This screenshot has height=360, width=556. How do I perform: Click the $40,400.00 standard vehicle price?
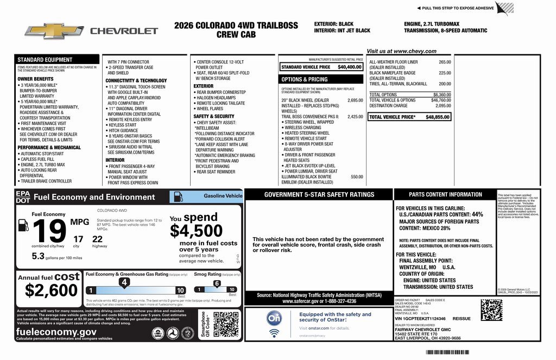[x=349, y=67]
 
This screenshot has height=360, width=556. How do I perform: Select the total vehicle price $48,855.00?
[x=438, y=117]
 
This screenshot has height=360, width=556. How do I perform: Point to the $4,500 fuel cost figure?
[x=196, y=231]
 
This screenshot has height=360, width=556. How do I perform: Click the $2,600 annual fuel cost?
[x=51, y=290]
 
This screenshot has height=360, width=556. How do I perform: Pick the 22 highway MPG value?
[x=97, y=238]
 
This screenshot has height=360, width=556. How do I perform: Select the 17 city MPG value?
[x=78, y=238]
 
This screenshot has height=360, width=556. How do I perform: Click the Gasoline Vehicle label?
[x=223, y=195]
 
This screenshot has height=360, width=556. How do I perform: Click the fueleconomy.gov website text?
[x=56, y=331]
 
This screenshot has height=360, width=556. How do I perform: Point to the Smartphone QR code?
[x=225, y=325]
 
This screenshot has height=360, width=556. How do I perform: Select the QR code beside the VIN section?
[x=491, y=310]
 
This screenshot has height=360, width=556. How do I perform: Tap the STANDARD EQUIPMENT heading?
[x=45, y=60]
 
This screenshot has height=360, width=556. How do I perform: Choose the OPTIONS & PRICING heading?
[x=305, y=79]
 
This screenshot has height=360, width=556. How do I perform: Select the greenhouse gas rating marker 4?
[x=124, y=282]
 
